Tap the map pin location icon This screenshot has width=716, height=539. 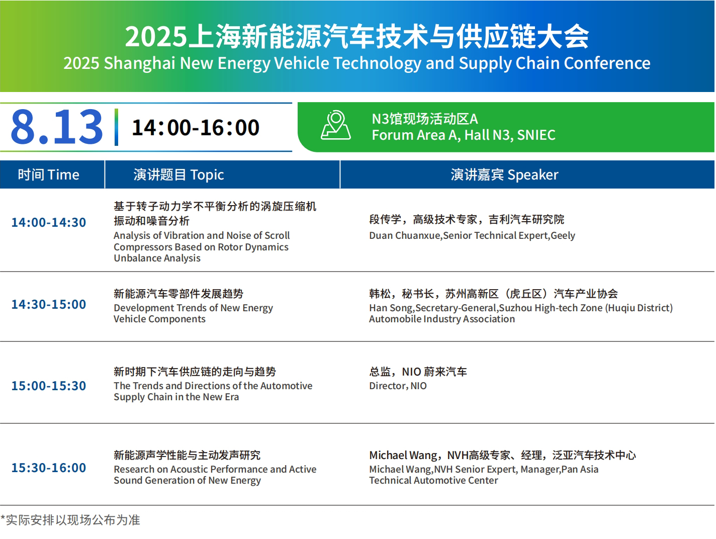[336, 126]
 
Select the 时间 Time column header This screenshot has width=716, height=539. [49, 175]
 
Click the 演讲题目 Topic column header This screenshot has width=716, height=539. [179, 175]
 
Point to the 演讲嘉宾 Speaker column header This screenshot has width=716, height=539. [505, 175]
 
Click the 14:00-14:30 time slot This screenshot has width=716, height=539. [49, 222]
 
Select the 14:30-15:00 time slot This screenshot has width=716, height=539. [49, 304]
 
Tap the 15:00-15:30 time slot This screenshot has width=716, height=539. [49, 386]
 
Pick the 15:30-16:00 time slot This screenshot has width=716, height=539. [49, 468]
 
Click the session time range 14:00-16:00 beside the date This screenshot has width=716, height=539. [196, 127]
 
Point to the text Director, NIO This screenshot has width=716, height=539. [398, 386]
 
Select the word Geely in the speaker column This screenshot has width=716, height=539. [563, 236]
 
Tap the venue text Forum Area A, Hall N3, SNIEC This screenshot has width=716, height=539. [464, 135]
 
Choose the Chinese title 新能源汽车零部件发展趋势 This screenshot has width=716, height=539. [178, 294]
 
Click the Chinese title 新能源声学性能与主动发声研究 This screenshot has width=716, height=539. [187, 455]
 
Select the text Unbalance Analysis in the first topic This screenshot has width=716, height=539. [157, 258]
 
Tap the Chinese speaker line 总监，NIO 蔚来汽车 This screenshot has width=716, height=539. [418, 372]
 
